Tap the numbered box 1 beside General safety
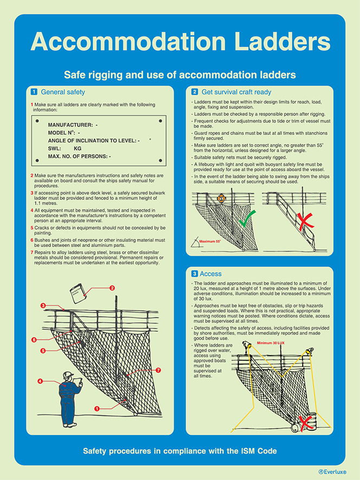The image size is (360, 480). point(34,92)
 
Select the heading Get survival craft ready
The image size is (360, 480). point(236,92)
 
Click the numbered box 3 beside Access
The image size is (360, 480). point(194,274)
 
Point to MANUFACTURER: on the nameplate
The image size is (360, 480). point(70,125)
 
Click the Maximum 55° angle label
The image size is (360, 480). point(210,241)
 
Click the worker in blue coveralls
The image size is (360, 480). point(70,393)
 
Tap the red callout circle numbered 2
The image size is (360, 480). point(112,288)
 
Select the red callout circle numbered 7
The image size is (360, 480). point(158,370)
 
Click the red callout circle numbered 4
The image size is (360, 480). point(40,381)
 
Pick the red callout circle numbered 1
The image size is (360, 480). point(97,408)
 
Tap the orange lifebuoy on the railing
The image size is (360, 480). point(220,198)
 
